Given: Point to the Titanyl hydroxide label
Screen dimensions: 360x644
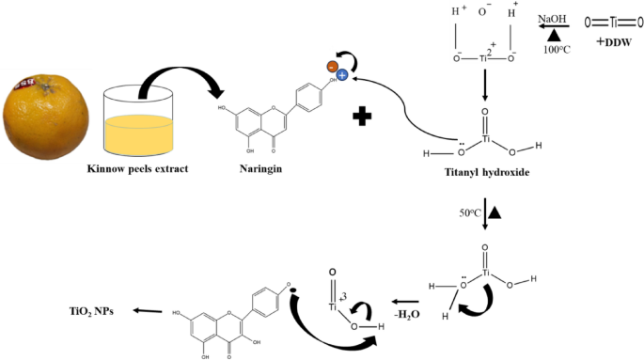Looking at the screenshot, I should click(x=483, y=173).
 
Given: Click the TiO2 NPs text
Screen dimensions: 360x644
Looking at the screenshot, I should click(x=89, y=310).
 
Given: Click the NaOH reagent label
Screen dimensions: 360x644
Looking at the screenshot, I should click(x=552, y=16).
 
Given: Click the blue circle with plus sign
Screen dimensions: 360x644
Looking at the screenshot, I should click(x=344, y=73).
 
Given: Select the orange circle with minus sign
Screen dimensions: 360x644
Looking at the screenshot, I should click(x=332, y=68).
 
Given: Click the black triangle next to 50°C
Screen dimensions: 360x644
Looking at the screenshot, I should click(x=495, y=213).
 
